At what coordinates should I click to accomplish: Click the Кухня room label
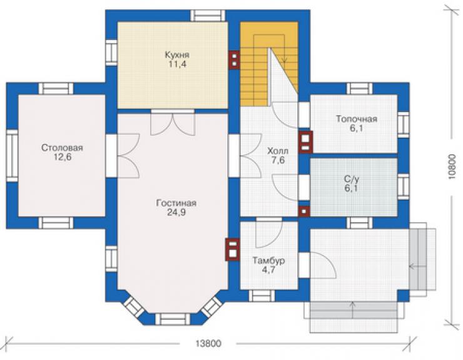pos(177,55)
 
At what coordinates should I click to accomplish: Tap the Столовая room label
pos(62,148)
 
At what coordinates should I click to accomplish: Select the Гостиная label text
pos(176,203)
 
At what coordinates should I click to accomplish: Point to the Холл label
pos(278,152)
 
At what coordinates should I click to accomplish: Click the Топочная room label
pos(357,119)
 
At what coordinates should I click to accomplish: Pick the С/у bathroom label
pos(352,179)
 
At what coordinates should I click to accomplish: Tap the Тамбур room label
pos(268,260)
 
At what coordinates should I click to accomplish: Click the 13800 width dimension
pos(208,344)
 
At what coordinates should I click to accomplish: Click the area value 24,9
pos(176,212)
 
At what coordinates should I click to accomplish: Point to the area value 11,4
pos(177,64)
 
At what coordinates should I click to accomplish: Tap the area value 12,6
pos(62,157)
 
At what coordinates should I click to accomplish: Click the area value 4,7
pos(268,270)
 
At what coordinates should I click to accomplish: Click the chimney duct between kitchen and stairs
pos(234,59)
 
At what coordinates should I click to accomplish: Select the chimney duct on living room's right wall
pos(232,250)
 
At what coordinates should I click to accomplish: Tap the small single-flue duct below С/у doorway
pos(304,212)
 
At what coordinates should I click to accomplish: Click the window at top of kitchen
pos(208,16)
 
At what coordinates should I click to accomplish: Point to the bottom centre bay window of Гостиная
pos(173,319)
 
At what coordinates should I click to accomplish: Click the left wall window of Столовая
pos(13,156)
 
